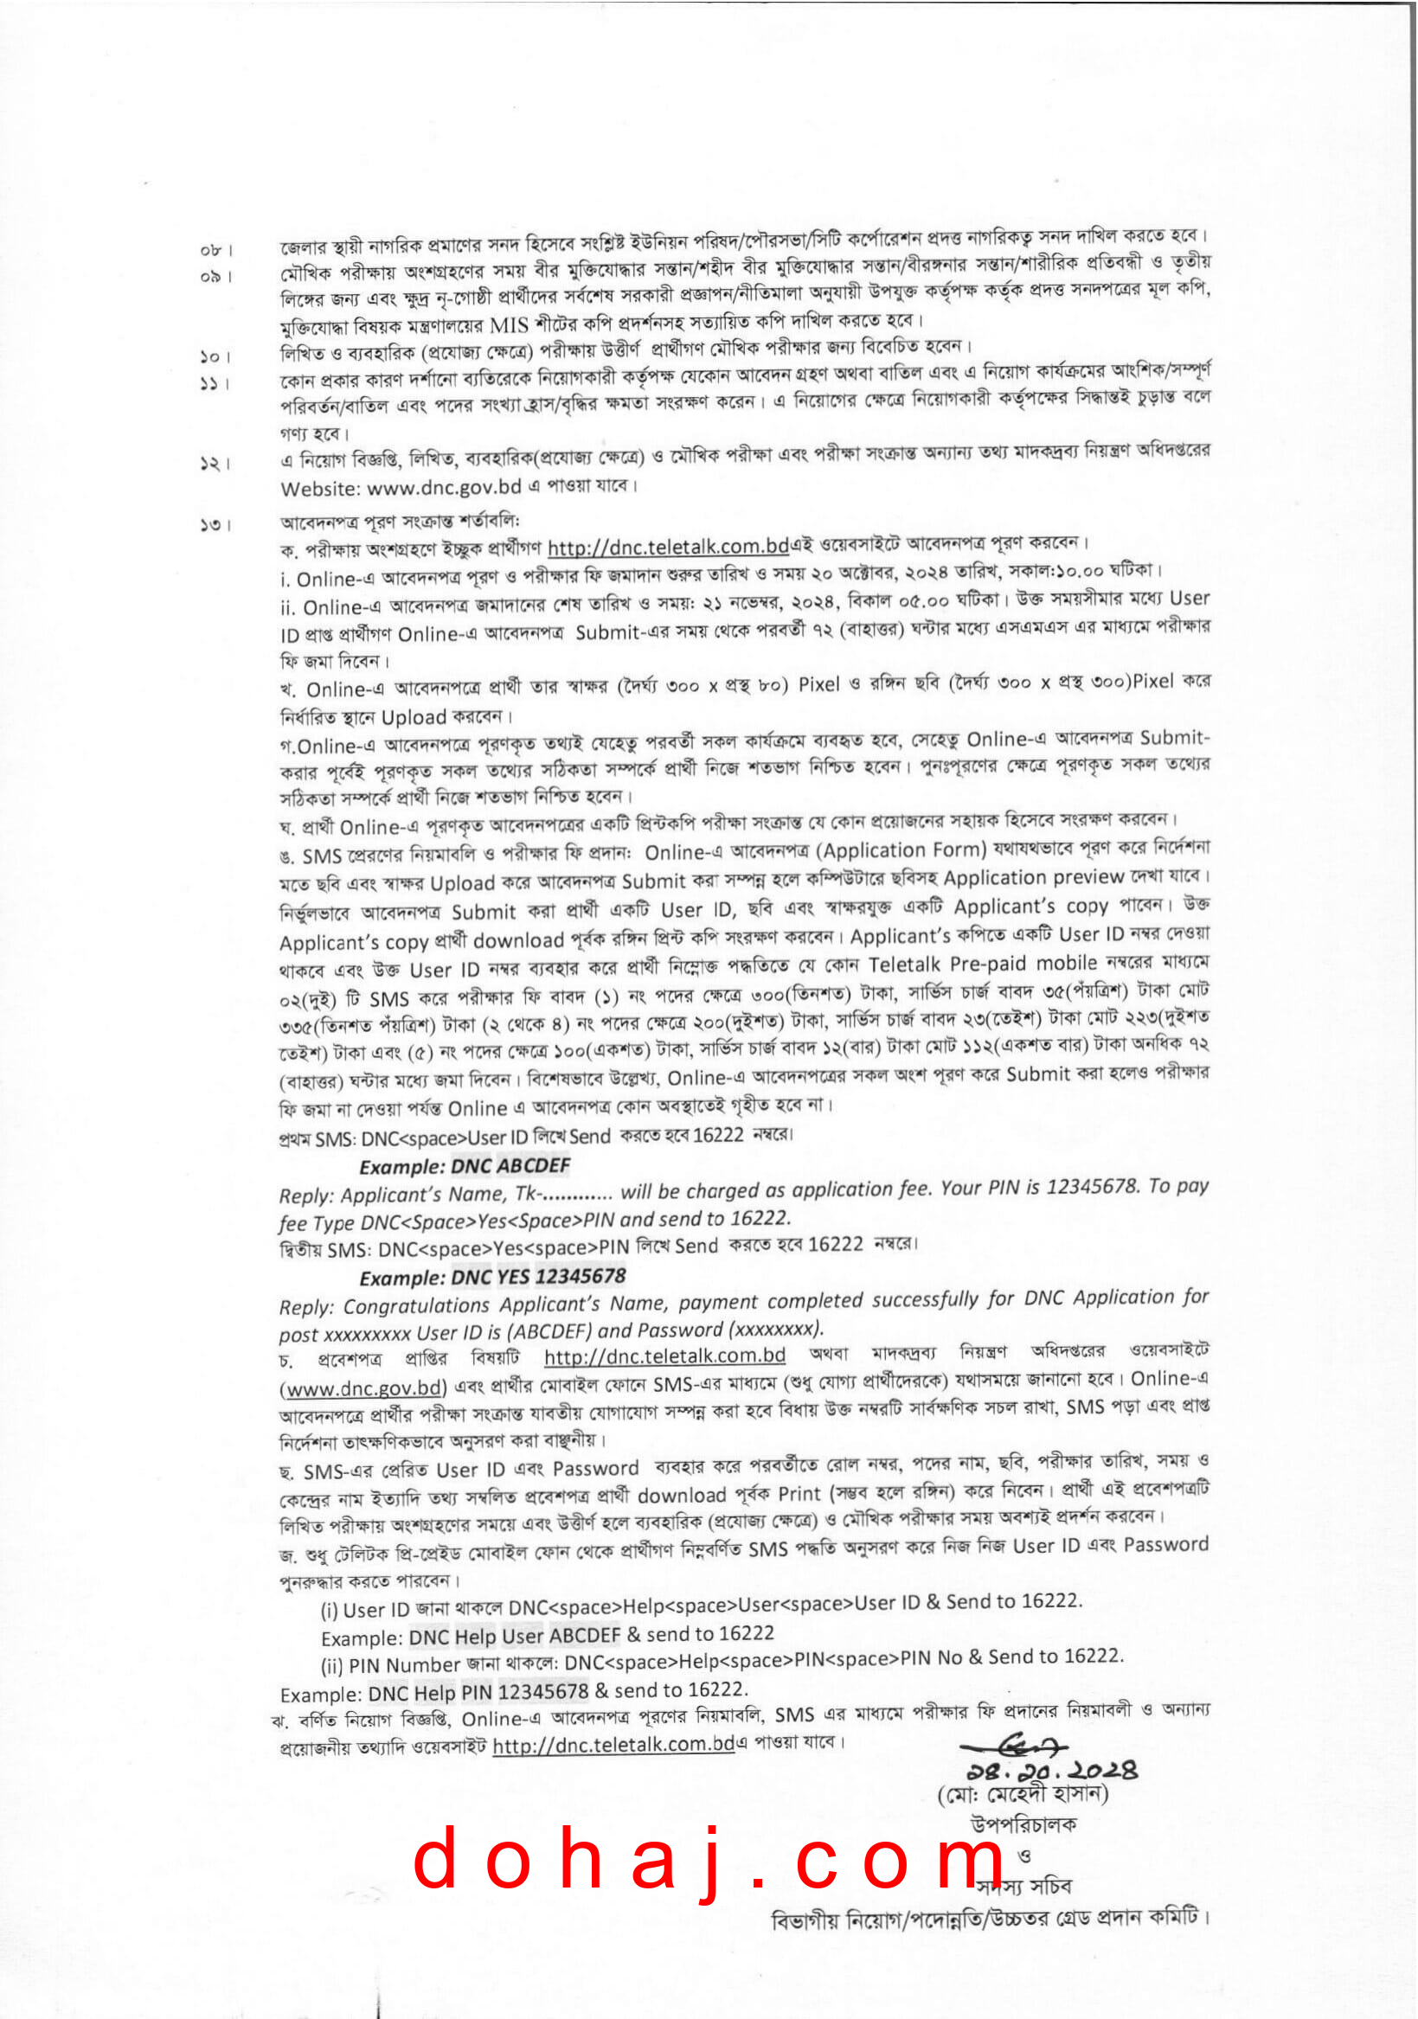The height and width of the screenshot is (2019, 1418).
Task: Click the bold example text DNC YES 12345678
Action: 538,1277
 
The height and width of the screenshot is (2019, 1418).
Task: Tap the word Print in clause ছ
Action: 799,1494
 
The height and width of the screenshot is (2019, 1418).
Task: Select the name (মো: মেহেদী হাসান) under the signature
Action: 1023,1793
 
